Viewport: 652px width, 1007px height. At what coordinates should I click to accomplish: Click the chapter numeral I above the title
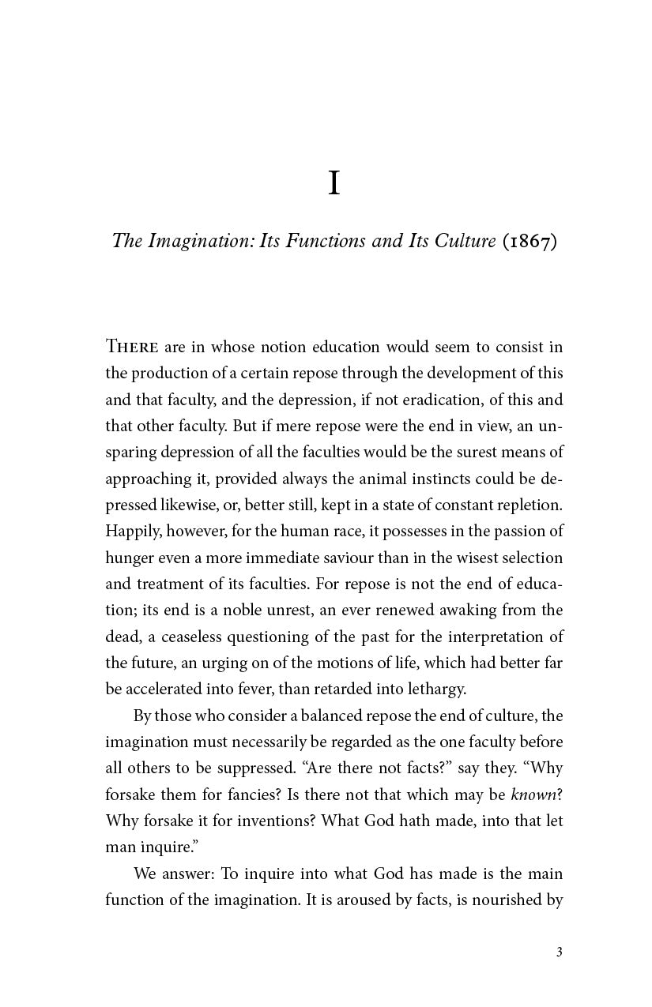coord(334,184)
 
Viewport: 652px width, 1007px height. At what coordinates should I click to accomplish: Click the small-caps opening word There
coord(133,347)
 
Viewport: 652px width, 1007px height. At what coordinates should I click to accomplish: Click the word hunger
coord(128,558)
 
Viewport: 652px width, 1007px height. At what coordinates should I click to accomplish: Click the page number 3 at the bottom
coord(559,952)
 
